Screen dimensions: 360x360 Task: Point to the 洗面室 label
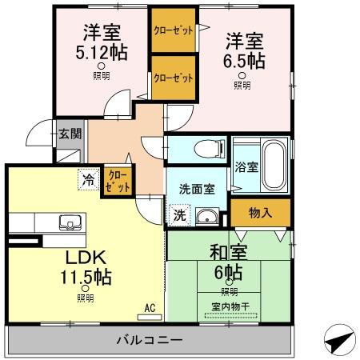coord(197,190)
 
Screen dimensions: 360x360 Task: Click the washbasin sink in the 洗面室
coord(210,215)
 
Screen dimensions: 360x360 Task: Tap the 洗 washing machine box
coord(179,215)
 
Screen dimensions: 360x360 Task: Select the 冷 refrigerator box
coord(87,180)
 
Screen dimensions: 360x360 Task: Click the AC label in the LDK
coord(150,307)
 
